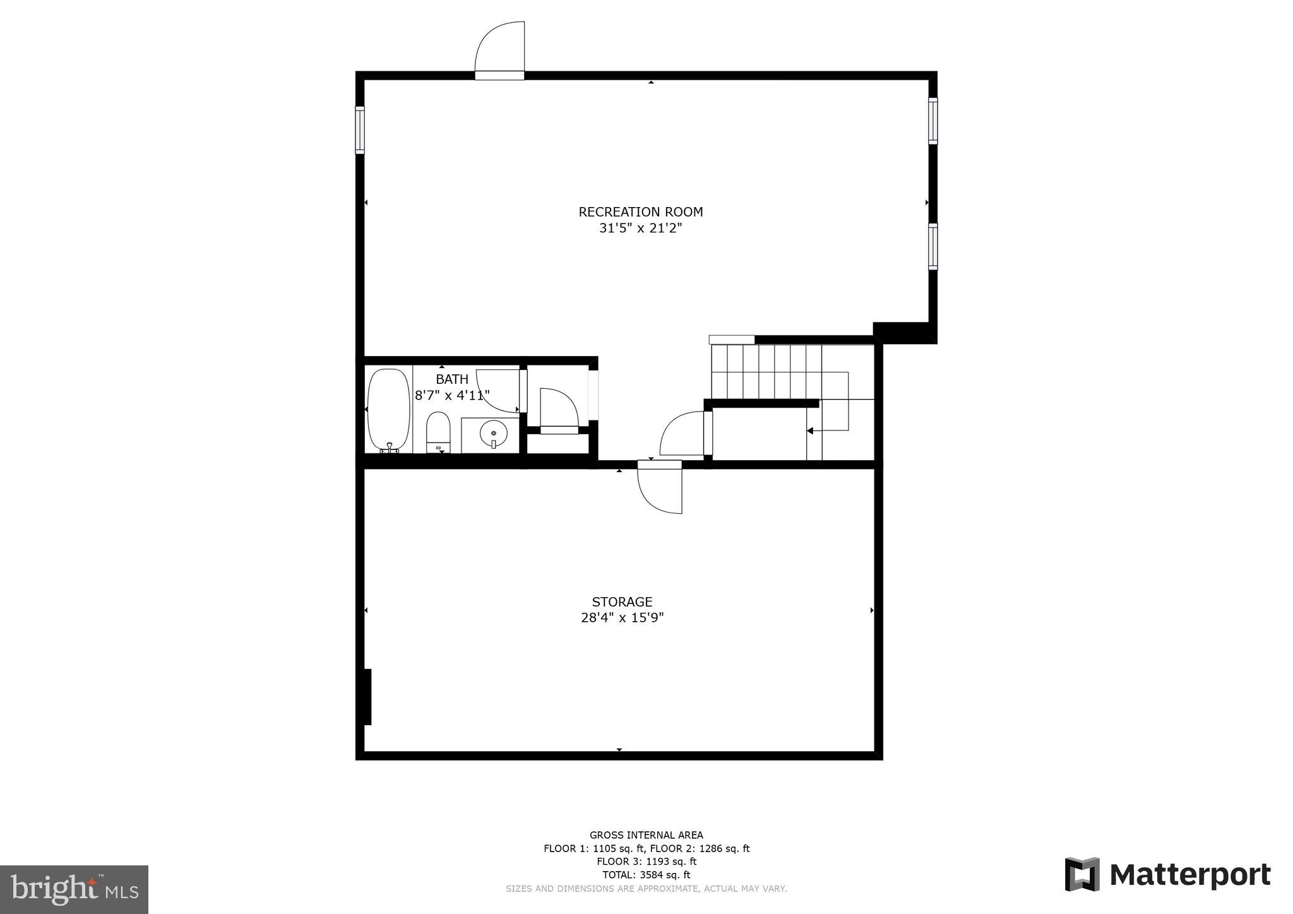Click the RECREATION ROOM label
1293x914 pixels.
tap(640, 212)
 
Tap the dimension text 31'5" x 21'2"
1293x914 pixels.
tap(640, 228)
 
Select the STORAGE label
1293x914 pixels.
tap(622, 602)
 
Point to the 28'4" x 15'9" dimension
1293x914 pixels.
tap(622, 618)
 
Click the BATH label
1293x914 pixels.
tap(452, 379)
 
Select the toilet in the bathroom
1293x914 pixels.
tap(438, 431)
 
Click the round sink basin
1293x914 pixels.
tap(493, 434)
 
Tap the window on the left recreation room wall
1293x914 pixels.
tap(360, 130)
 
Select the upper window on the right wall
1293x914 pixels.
tap(933, 121)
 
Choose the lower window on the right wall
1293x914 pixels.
tap(933, 246)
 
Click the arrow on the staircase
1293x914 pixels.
tap(811, 430)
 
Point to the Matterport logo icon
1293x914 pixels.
tap(1082, 874)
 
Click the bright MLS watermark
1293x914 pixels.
tap(74, 889)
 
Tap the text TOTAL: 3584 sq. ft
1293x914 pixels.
tap(646, 875)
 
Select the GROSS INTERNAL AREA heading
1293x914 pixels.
tap(646, 835)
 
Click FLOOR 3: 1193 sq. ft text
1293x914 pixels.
tap(646, 862)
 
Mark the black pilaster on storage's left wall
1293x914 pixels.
tap(367, 697)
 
